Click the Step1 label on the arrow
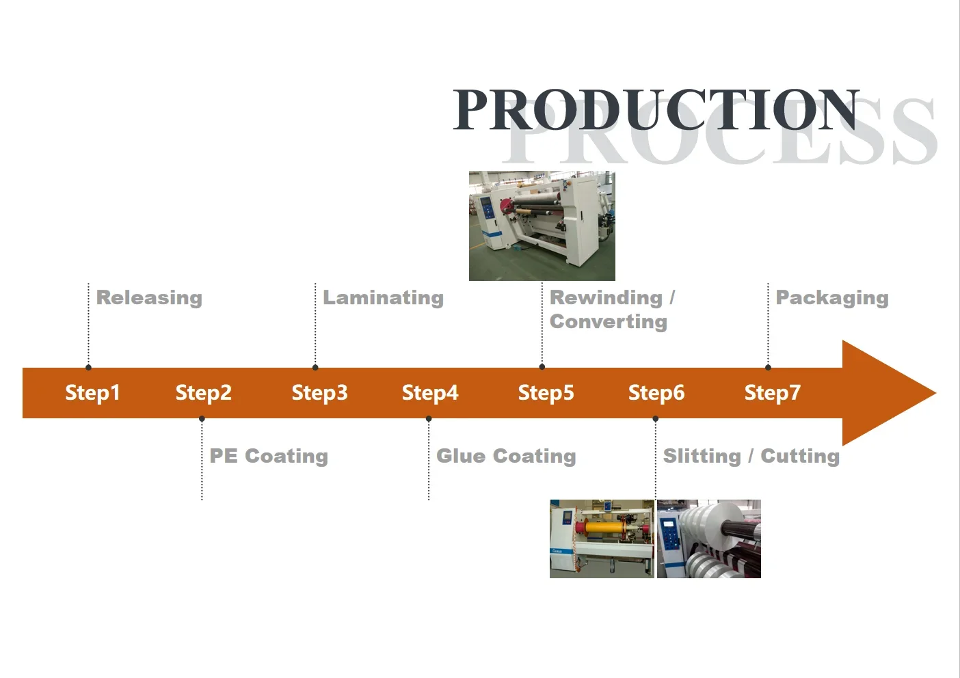click(x=92, y=393)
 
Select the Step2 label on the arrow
click(x=204, y=393)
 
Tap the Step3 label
click(x=320, y=393)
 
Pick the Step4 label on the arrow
click(x=430, y=393)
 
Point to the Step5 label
click(x=546, y=393)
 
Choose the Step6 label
click(x=656, y=393)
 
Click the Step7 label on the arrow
click(x=772, y=393)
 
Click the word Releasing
click(x=149, y=298)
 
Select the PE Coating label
click(x=269, y=456)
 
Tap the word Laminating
click(x=383, y=298)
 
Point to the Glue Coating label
click(x=506, y=456)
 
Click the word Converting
click(x=609, y=322)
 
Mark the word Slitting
click(x=702, y=456)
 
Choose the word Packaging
click(x=832, y=298)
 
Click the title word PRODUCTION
click(x=656, y=109)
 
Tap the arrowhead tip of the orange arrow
click(x=935, y=393)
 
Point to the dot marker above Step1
click(x=88, y=368)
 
